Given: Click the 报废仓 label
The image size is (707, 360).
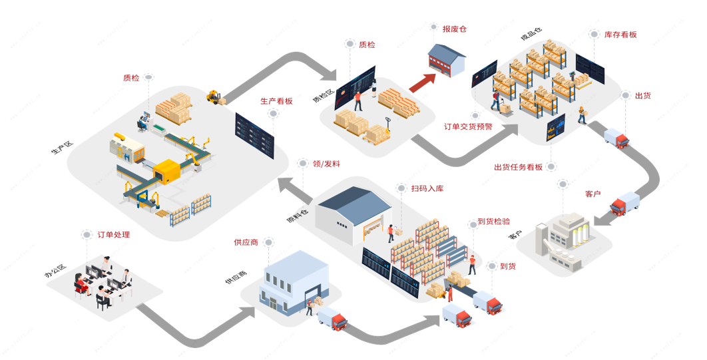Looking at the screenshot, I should pyautogui.click(x=454, y=29).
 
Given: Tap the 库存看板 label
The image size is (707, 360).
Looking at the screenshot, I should pyautogui.click(x=620, y=35).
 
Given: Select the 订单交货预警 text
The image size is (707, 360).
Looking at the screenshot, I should pyautogui.click(x=468, y=126).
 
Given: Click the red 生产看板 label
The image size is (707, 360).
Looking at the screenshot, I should pyautogui.click(x=276, y=101).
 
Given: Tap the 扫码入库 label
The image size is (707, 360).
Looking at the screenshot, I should pyautogui.click(x=427, y=188).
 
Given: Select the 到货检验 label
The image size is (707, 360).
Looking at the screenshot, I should pyautogui.click(x=493, y=222).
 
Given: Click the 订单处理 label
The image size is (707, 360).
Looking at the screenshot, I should pyautogui.click(x=113, y=235).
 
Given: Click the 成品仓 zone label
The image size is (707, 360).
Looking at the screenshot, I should pyautogui.click(x=531, y=33).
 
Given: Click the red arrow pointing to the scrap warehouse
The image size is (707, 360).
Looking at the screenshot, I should pyautogui.click(x=422, y=83).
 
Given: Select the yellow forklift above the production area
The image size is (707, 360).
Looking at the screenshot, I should pyautogui.click(x=214, y=97).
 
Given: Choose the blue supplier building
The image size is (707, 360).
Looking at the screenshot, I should pyautogui.click(x=294, y=280).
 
